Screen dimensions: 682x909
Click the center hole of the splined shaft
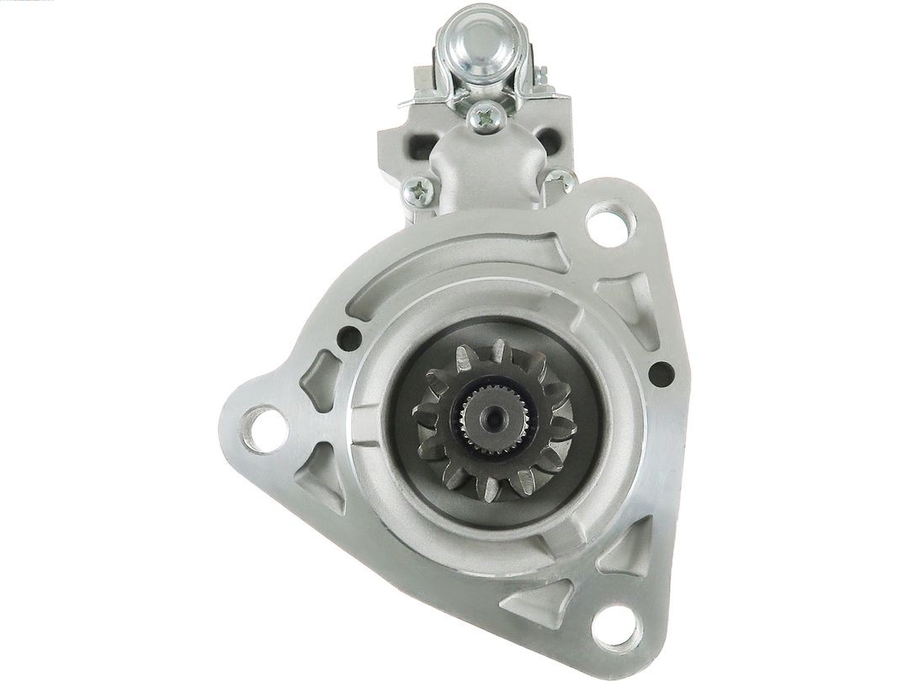(x=492, y=415)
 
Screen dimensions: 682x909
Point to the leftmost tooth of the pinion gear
(x=423, y=413)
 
